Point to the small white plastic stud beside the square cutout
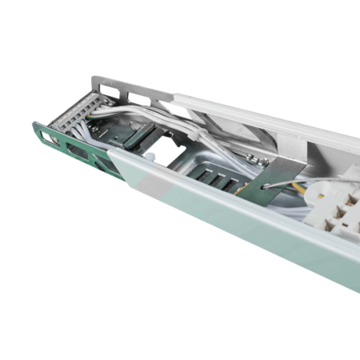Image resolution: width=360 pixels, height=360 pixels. tap(150, 158)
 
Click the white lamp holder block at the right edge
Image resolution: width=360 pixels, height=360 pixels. tap(336, 204)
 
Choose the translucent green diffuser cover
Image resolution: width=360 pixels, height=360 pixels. tap(240, 224)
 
